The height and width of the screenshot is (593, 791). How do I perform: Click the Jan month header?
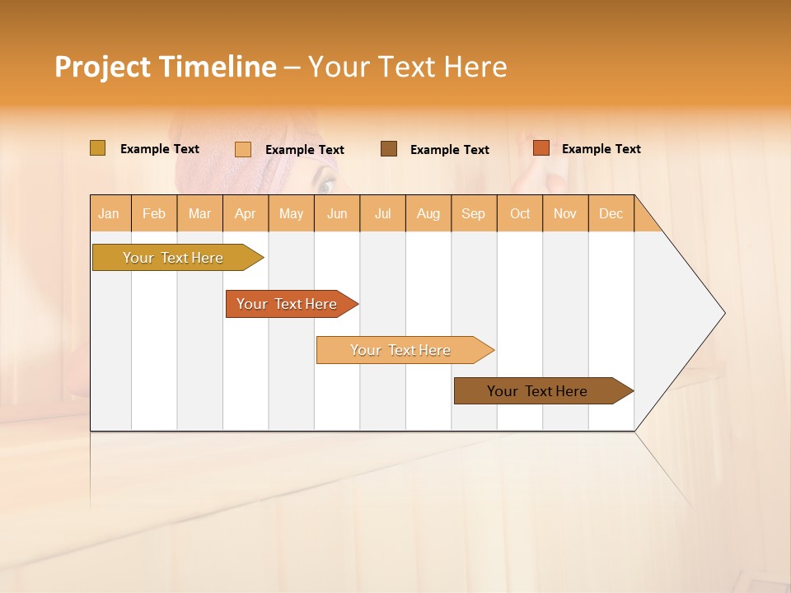coord(110,213)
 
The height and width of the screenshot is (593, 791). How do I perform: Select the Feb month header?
coord(154,213)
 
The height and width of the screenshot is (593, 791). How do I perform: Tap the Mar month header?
coord(199,213)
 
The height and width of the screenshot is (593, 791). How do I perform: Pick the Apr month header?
coord(246,213)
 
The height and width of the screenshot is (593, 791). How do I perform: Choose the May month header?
coord(291,213)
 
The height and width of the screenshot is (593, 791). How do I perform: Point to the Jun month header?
coord(337,213)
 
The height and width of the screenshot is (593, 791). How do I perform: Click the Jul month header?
coord(382,213)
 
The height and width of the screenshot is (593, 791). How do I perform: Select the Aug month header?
coord(428,213)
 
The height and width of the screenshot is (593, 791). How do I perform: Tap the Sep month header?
coord(474,213)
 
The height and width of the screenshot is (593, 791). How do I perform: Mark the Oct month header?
coord(520,213)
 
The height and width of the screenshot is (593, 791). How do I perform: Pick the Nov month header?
coord(565,213)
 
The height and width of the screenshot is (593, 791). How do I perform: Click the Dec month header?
coord(611,213)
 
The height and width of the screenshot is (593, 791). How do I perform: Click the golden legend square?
coord(97,148)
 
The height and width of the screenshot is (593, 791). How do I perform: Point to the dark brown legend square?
coord(389,148)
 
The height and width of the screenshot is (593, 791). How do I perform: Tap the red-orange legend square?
coord(541,148)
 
